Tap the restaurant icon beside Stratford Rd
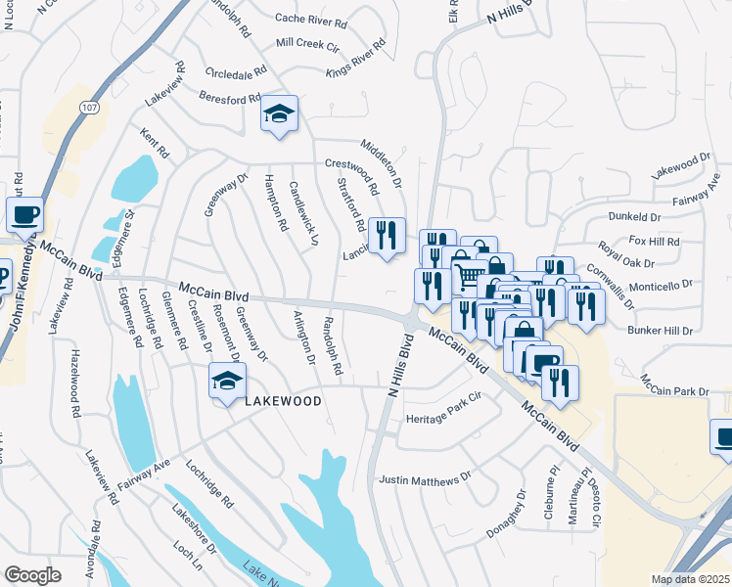coord(388,235)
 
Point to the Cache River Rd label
coord(311,19)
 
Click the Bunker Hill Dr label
coord(660,332)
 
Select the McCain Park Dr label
coord(674,391)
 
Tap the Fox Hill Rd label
coord(654,241)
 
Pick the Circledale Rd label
coord(236,73)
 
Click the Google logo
coord(33,575)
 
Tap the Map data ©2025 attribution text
coord(691,579)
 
